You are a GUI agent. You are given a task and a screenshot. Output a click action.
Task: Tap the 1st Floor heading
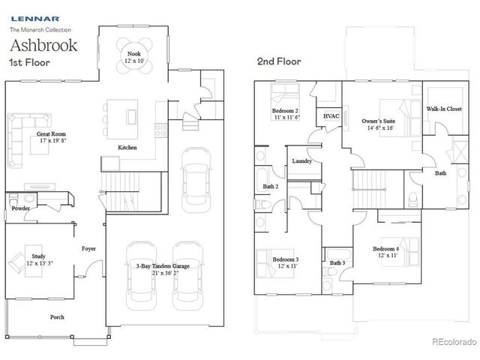29,62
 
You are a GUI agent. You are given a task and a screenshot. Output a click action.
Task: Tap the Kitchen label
127,148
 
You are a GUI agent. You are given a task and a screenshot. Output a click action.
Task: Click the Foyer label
88,250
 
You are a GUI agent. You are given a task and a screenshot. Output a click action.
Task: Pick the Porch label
57,317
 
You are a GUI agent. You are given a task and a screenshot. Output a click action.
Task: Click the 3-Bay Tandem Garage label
163,268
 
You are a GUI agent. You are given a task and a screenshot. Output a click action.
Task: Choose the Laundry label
302,161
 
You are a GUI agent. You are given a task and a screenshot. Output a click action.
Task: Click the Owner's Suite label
378,122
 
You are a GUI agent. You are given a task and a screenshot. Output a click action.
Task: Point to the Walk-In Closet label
444,109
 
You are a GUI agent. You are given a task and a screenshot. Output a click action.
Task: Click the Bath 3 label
337,262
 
